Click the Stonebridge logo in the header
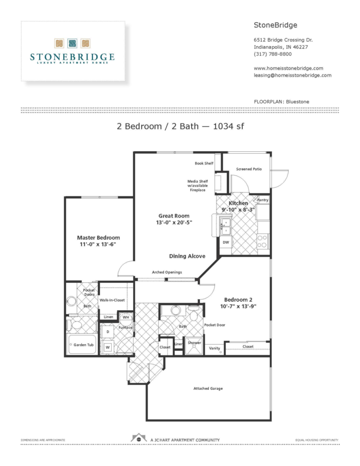pyautogui.click(x=72, y=51)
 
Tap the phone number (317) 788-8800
pyautogui.click(x=273, y=54)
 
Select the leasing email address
pyautogui.click(x=292, y=75)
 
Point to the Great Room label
pyautogui.click(x=173, y=216)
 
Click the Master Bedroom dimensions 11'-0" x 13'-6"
pyautogui.click(x=98, y=244)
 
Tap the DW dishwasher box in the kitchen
pyautogui.click(x=226, y=242)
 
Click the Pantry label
pyautogui.click(x=262, y=200)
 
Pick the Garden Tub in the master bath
pyautogui.click(x=83, y=344)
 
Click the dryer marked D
pyautogui.click(x=108, y=332)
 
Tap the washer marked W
pyautogui.click(x=108, y=348)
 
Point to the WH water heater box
pyautogui.click(x=125, y=317)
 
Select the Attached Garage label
pyautogui.click(x=208, y=388)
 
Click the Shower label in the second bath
pyautogui.click(x=194, y=343)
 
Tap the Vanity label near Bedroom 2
pyautogui.click(x=214, y=348)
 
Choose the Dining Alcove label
pyautogui.click(x=187, y=256)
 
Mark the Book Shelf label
pyautogui.click(x=204, y=164)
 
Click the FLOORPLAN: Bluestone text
pyautogui.click(x=281, y=102)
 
